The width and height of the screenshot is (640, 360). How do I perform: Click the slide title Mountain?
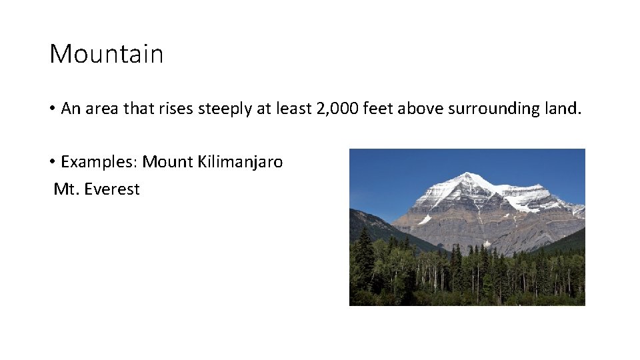[106, 53]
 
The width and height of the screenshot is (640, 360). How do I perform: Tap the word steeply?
[225, 109]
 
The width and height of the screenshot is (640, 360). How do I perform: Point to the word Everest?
[112, 189]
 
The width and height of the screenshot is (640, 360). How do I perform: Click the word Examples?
[99, 162]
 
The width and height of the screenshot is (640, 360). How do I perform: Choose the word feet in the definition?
[378, 109]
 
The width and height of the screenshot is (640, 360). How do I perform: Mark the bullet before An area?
[52, 109]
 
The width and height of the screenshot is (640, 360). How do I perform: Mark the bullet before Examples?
[52, 162]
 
